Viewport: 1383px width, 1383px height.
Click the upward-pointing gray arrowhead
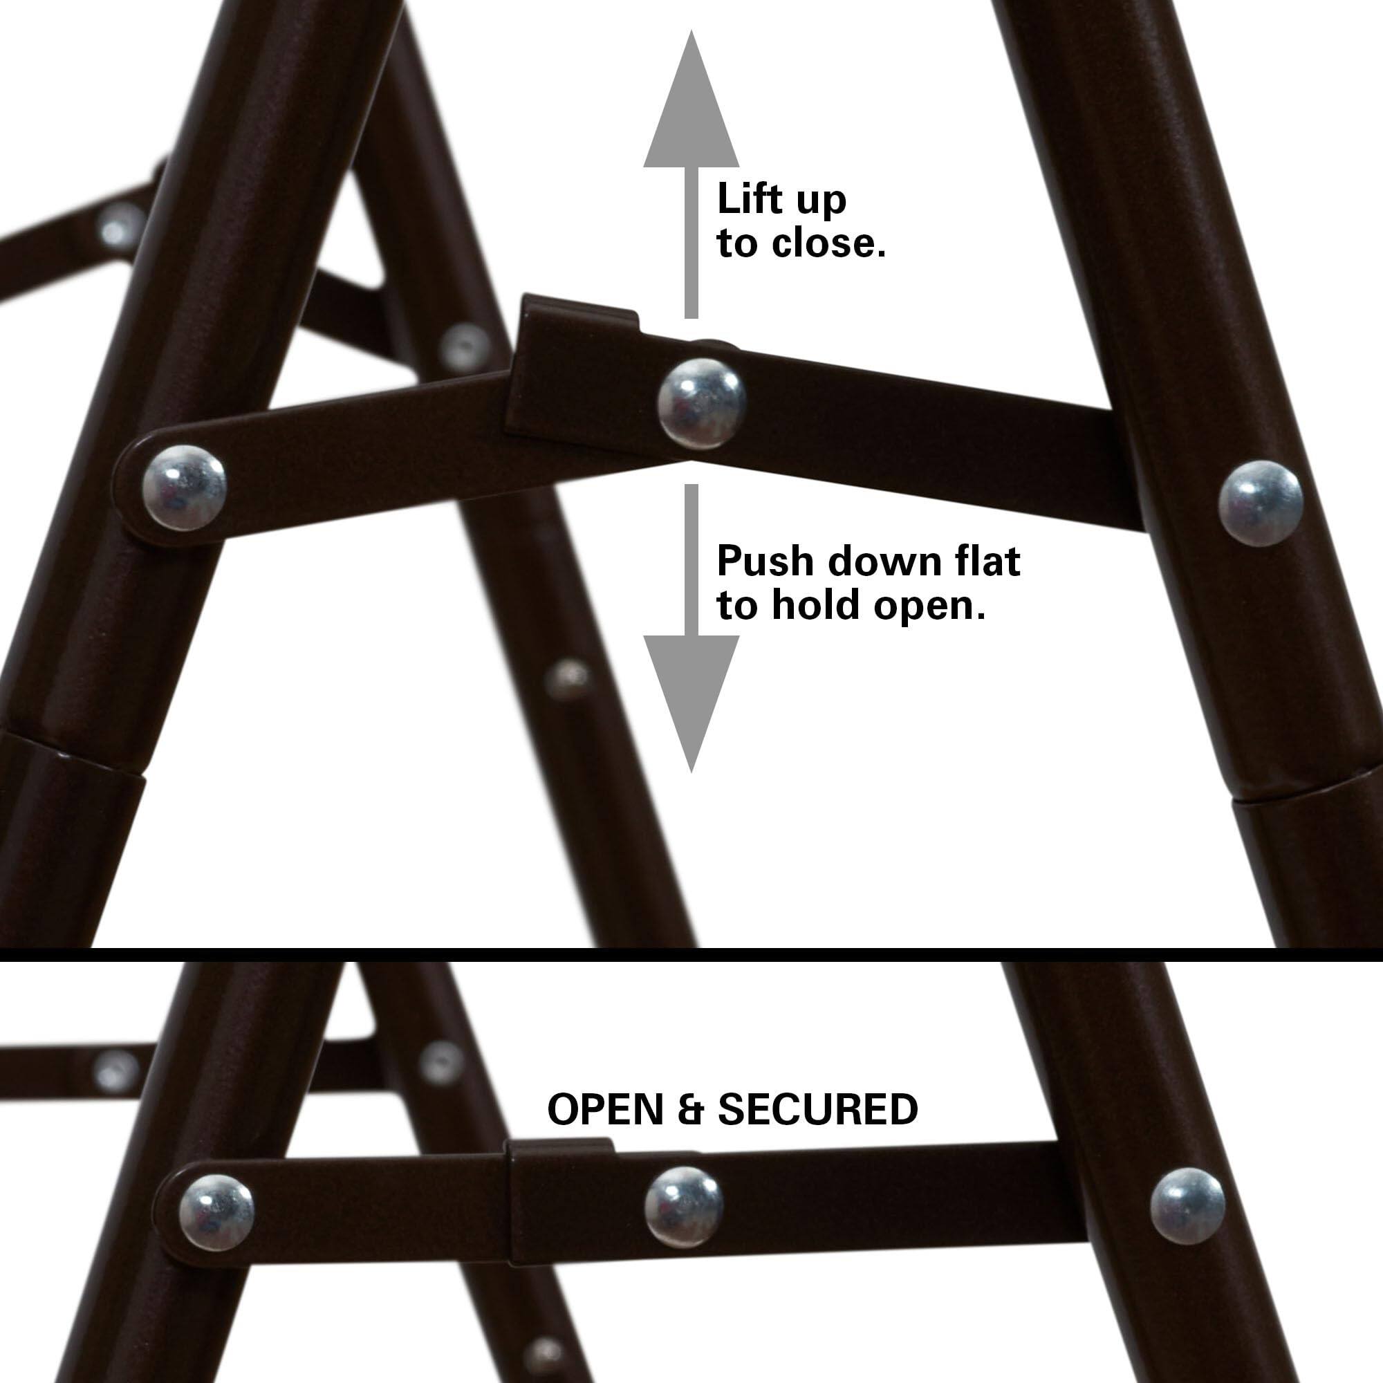691,107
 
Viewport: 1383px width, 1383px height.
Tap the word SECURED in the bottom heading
817,1111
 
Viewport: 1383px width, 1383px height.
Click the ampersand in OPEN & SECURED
690,1111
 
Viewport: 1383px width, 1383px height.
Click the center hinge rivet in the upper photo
700,404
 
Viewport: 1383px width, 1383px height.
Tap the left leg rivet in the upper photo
185,488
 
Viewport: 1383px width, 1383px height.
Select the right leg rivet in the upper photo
1261,503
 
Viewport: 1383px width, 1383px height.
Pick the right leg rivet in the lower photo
1187,1205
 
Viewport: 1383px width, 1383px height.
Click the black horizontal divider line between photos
691,954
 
